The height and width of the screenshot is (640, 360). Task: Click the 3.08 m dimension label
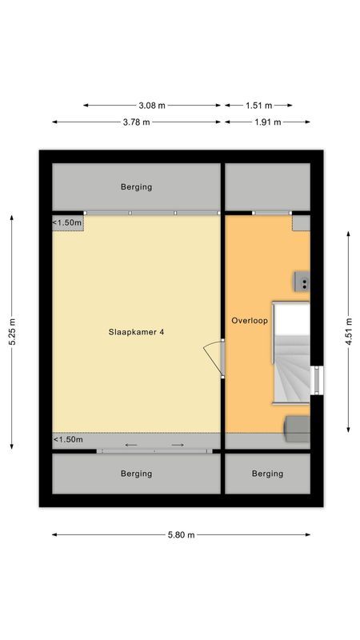coord(152,105)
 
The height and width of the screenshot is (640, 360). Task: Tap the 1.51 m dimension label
coord(258,105)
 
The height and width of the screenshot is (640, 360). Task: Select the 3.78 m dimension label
coord(136,122)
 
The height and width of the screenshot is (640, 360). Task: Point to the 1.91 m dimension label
coord(267,122)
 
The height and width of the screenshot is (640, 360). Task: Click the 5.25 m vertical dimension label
coord(12,331)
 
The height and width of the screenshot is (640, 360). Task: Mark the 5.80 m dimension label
coord(181,535)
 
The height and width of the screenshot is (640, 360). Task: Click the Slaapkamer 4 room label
coord(137,331)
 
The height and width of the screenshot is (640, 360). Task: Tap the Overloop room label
coord(249,320)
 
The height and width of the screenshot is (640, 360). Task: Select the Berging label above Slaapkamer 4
coord(136,187)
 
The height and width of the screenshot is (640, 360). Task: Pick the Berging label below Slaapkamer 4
coord(136,474)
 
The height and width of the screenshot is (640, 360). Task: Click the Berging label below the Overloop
coord(267,474)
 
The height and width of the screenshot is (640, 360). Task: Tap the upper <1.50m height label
coord(68,222)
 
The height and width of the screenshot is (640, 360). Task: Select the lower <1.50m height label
coord(68,440)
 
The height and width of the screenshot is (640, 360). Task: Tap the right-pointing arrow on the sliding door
coord(178,445)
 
